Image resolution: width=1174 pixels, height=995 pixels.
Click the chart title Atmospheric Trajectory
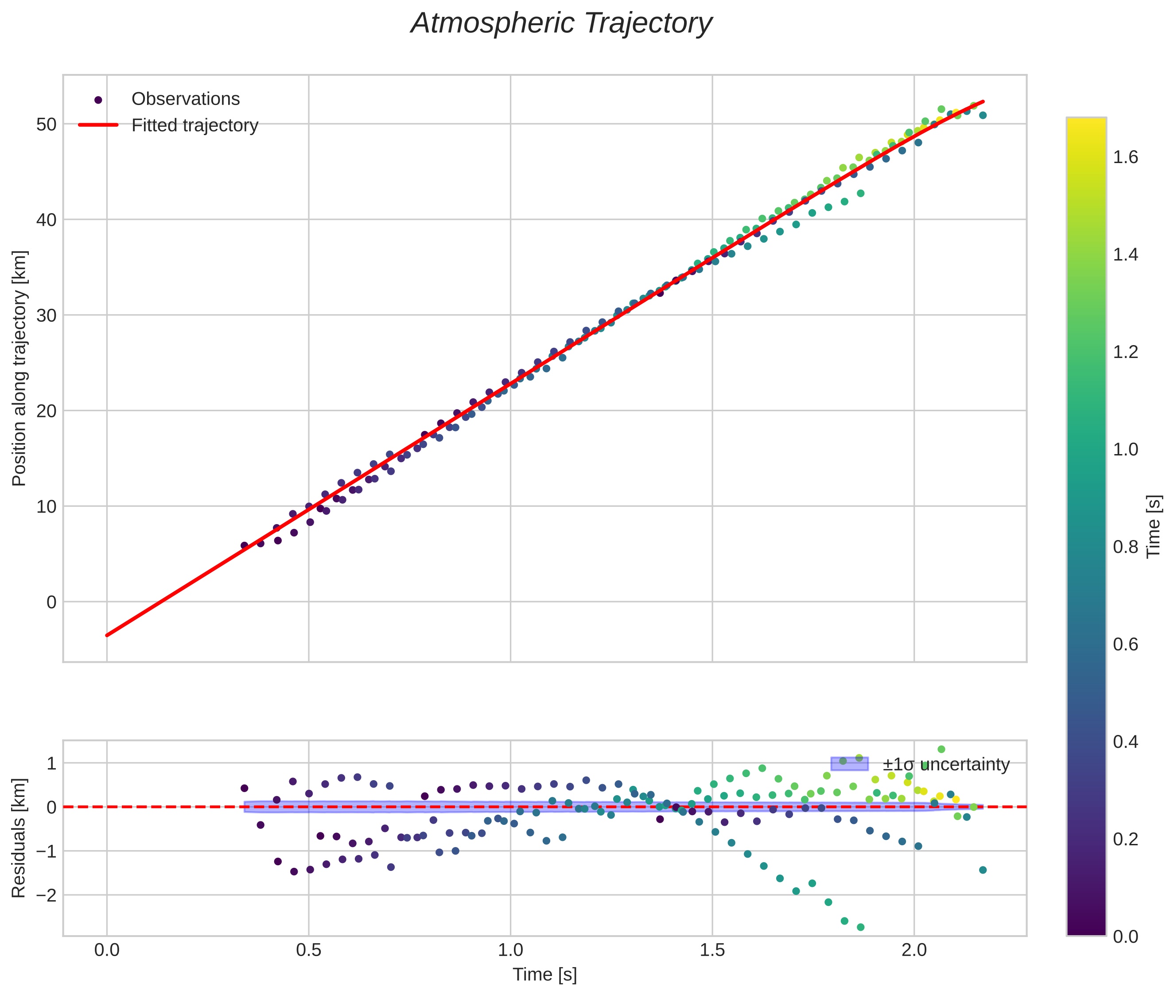click(x=561, y=23)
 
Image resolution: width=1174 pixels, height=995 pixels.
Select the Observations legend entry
click(x=185, y=99)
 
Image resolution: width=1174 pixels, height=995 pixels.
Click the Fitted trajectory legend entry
click(x=194, y=125)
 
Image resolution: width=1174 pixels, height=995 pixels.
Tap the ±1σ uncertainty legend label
click(x=945, y=764)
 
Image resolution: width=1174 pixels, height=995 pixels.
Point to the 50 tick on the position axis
click(x=46, y=124)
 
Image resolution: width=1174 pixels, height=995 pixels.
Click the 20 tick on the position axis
click(x=46, y=411)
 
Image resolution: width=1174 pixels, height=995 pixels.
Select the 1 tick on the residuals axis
click(x=51, y=764)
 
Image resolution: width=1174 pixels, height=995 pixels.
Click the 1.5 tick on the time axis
click(x=712, y=950)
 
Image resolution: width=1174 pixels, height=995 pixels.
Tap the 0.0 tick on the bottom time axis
click(x=107, y=950)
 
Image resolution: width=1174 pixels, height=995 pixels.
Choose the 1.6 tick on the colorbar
click(x=1125, y=157)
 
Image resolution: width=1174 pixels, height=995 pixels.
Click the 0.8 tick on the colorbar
click(x=1125, y=547)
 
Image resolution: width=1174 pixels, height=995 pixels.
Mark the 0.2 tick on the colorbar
click(x=1125, y=839)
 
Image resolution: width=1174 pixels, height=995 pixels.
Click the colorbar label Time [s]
click(x=1154, y=526)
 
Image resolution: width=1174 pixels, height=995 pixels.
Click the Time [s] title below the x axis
click(x=544, y=974)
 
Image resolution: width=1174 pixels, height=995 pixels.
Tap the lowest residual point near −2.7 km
click(x=860, y=927)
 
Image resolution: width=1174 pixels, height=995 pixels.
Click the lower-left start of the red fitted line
click(x=107, y=635)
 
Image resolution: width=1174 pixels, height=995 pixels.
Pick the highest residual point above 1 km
click(x=941, y=749)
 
